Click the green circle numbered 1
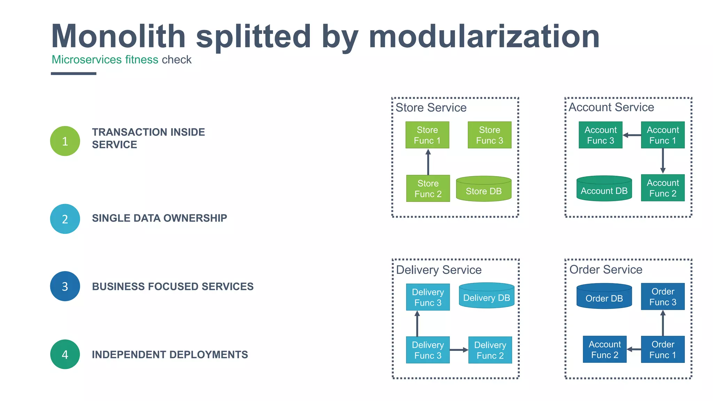pos(65,141)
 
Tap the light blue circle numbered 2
pos(65,219)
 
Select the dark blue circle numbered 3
pos(65,286)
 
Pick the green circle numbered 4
pos(65,354)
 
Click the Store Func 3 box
pos(489,135)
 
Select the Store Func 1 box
pos(427,135)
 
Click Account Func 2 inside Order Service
pos(605,349)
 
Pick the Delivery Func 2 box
pos(490,350)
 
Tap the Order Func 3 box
pos(663,297)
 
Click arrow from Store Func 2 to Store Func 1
pos(428,162)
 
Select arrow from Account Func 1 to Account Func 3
pos(632,135)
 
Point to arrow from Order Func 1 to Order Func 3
pos(663,323)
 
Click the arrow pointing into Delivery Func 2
pos(459,350)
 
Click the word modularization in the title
pos(484,37)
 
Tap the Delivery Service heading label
pos(439,270)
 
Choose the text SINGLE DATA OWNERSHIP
pos(159,218)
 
